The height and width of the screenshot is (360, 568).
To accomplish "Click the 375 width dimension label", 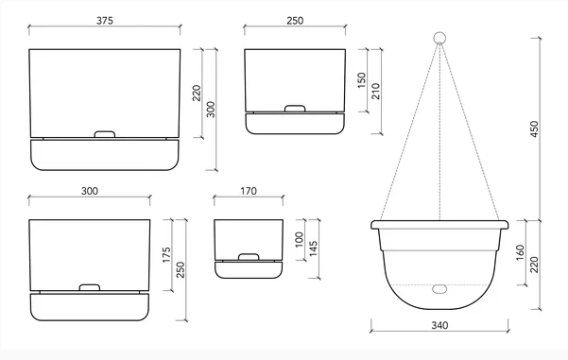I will tap(104, 20).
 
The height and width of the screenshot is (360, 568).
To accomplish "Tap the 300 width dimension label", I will tap(90, 191).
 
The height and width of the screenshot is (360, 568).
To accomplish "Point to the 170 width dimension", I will tap(250, 191).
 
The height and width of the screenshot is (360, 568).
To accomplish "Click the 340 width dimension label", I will tap(439, 324).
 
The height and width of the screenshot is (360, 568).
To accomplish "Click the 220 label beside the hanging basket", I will tap(537, 265).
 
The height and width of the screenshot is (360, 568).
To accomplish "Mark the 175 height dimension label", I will tap(166, 254).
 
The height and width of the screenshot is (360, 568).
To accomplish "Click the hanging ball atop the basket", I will tap(439, 39).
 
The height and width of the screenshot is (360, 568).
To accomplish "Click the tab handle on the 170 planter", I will tap(250, 256).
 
